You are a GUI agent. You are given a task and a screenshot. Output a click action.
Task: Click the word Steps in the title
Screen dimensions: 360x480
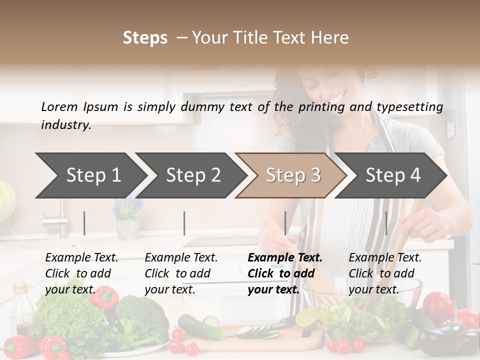coord(145,38)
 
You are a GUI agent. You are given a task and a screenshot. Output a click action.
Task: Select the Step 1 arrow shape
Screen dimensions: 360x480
coord(90,175)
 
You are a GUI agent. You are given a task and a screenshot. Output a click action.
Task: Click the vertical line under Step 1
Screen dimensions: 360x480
coord(84,223)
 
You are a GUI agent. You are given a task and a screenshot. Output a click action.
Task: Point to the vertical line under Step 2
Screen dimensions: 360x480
coord(184,223)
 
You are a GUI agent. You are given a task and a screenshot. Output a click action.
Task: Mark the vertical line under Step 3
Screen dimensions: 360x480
coord(285,223)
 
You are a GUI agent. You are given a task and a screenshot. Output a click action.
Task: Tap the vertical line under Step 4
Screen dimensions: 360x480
coord(386,223)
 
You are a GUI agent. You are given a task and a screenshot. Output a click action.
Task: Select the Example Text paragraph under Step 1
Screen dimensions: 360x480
coord(81,273)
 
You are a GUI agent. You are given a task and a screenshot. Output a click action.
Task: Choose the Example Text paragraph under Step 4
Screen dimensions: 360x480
coord(385,273)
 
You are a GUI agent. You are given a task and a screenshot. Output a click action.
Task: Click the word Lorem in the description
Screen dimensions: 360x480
coord(59,107)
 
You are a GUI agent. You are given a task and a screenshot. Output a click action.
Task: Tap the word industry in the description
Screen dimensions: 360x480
coord(65,125)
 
